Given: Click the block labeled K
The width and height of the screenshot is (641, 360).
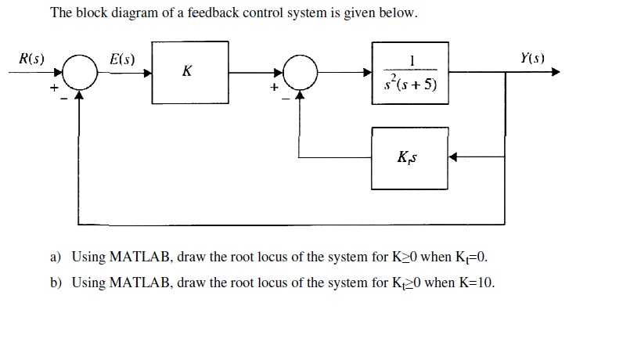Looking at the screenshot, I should (190, 72).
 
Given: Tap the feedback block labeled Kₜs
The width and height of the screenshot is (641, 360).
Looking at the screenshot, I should (409, 158).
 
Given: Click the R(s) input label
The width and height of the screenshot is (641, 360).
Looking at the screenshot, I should (31, 59).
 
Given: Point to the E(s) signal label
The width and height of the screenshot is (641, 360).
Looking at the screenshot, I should (123, 59).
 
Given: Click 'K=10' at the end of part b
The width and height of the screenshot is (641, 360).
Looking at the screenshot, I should (474, 283).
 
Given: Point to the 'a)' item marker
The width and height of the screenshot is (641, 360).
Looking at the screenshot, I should (56, 257).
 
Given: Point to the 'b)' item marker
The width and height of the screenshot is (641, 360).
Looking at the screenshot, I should (56, 283).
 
